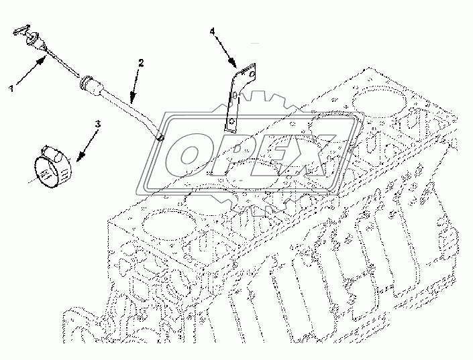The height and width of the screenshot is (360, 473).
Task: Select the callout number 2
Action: [142, 63]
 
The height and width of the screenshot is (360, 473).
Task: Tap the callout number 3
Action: [97, 124]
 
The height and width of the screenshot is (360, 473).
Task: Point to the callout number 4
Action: [212, 31]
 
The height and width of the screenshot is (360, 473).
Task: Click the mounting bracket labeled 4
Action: [235, 97]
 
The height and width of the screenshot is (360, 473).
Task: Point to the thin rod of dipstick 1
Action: [64, 66]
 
